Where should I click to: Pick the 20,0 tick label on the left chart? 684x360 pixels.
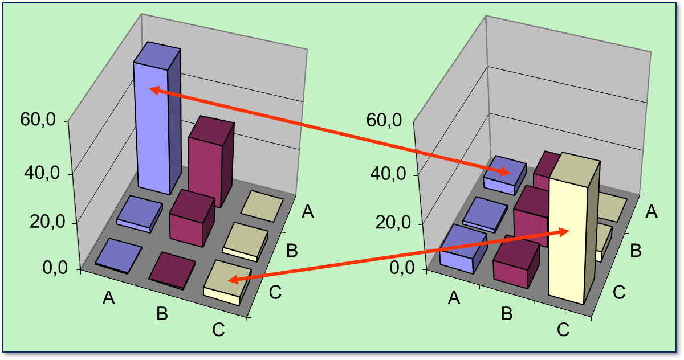[47, 223]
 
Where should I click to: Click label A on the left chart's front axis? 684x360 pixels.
[109, 297]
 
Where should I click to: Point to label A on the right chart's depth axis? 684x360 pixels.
[652, 212]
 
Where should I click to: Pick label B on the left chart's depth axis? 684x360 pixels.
[292, 250]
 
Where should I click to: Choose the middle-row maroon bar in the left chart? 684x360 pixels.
[191, 220]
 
